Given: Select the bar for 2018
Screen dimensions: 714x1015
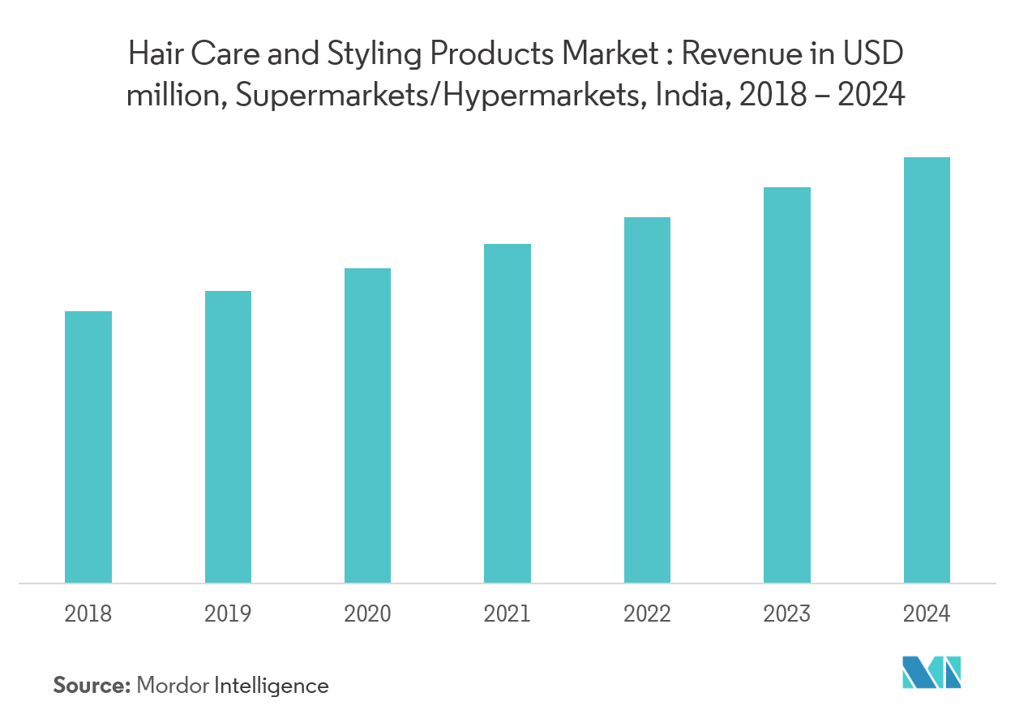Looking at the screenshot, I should [x=88, y=447].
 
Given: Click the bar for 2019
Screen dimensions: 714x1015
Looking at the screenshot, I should [x=228, y=437].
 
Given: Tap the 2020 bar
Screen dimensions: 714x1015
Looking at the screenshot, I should [x=367, y=425].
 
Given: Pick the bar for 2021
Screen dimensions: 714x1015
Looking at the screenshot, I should [x=507, y=413].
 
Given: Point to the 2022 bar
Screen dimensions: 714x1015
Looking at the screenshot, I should [x=647, y=400].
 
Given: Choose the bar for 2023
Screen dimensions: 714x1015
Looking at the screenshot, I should [x=786, y=385].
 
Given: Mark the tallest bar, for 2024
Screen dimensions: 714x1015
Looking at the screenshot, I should [x=927, y=370].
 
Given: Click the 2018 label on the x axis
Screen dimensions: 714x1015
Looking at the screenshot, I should [x=88, y=614].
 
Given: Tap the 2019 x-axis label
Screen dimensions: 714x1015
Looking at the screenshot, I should [x=228, y=614].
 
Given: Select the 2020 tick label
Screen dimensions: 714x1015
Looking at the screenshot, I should [x=367, y=614].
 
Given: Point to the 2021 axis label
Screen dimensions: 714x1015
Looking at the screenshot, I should [x=507, y=614].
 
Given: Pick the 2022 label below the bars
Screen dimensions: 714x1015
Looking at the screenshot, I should [x=647, y=614].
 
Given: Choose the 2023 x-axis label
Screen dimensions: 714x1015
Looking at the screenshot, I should [x=786, y=614].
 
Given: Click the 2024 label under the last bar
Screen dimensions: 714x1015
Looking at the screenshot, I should [x=927, y=614].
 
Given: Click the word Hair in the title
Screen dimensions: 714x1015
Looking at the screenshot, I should [x=153, y=55].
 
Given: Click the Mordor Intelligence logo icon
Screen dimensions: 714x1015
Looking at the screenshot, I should [x=932, y=672].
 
